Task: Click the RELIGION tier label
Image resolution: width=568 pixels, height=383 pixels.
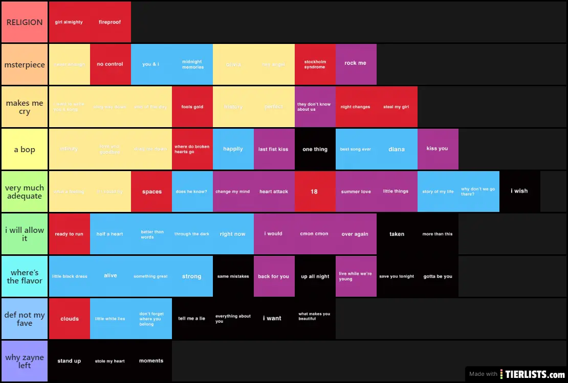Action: pyautogui.click(x=25, y=22)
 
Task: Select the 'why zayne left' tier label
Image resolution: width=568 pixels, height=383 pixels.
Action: pyautogui.click(x=25, y=361)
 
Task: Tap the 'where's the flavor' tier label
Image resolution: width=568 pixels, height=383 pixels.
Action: pyautogui.click(x=25, y=276)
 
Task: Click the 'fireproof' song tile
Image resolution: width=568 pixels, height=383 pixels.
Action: pyautogui.click(x=110, y=22)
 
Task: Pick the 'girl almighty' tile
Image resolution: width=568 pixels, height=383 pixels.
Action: pyautogui.click(x=69, y=22)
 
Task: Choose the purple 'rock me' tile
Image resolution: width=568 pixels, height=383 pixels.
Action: pyautogui.click(x=356, y=64)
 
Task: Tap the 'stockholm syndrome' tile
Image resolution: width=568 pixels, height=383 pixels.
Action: pyautogui.click(x=315, y=64)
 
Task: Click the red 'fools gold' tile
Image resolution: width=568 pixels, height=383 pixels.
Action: pyautogui.click(x=192, y=107)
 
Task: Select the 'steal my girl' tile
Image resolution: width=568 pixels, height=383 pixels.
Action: pyautogui.click(x=397, y=107)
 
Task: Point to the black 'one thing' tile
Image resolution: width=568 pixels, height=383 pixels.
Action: pyautogui.click(x=315, y=149)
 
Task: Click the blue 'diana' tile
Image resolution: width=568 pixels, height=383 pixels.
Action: pyautogui.click(x=397, y=149)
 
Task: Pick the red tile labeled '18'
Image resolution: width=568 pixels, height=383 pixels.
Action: pyautogui.click(x=315, y=192)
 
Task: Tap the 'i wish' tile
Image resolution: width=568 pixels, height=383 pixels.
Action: pyautogui.click(x=519, y=191)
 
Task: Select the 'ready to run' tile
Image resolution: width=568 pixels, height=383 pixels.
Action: pyautogui.click(x=69, y=234)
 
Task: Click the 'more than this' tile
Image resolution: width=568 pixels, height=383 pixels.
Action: pyautogui.click(x=438, y=234)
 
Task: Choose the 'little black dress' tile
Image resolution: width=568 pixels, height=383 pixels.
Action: pyautogui.click(x=69, y=276)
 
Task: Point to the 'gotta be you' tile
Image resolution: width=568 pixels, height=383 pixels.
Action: pyautogui.click(x=438, y=276)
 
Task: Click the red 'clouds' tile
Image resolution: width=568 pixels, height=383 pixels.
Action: pyautogui.click(x=69, y=319)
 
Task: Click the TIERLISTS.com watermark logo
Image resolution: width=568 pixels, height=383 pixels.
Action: pyautogui.click(x=532, y=374)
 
